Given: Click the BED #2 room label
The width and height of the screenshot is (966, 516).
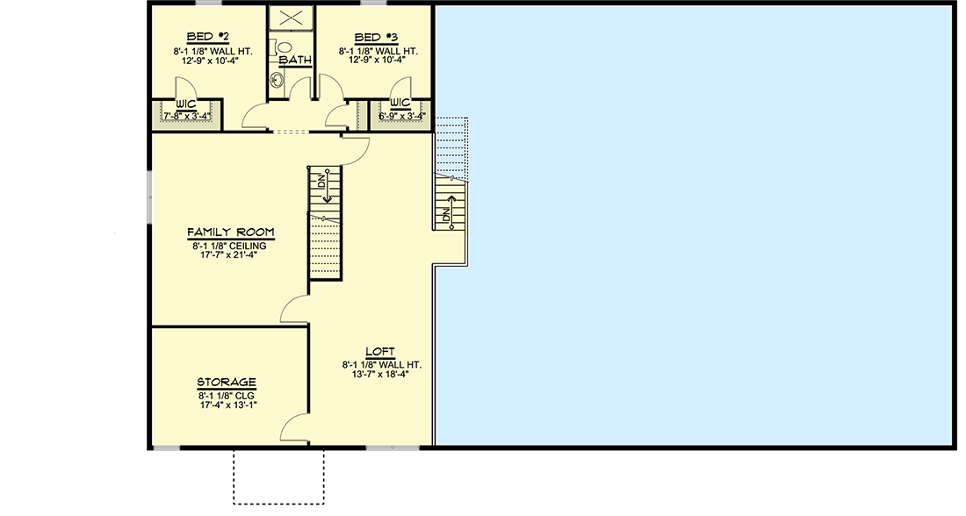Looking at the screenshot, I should pos(209,37).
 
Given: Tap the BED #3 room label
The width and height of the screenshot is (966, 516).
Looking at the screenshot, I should pos(375,37).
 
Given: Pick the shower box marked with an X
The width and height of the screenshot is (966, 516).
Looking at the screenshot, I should pos(292,18).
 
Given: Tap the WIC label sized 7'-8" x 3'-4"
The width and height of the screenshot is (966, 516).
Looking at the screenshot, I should pos(184,105).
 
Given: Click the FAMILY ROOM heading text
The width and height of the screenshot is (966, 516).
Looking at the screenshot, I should pos(230,233).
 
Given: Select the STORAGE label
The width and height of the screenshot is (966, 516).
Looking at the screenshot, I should pos(227,383).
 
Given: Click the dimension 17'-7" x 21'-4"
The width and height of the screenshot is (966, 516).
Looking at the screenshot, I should pos(230,257).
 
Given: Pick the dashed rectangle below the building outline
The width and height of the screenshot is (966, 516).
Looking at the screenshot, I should pos(278,477).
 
